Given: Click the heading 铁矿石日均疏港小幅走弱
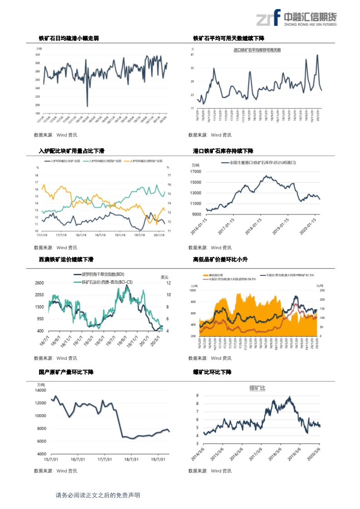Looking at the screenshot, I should [x=69, y=39].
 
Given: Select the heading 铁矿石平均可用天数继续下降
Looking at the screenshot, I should [x=229, y=39].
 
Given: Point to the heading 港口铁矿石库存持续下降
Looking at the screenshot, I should [x=223, y=151].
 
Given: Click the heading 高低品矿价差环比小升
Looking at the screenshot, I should [x=220, y=259].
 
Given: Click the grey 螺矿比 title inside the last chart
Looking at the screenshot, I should [x=257, y=388].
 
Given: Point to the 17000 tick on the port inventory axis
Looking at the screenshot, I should [x=195, y=172].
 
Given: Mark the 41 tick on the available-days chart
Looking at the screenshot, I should [x=192, y=54].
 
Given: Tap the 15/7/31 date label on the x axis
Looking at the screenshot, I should [x=44, y=459].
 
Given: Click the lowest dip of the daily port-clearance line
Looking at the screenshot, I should [x=87, y=106].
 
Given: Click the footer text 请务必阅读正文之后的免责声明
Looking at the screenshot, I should [x=98, y=495].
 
